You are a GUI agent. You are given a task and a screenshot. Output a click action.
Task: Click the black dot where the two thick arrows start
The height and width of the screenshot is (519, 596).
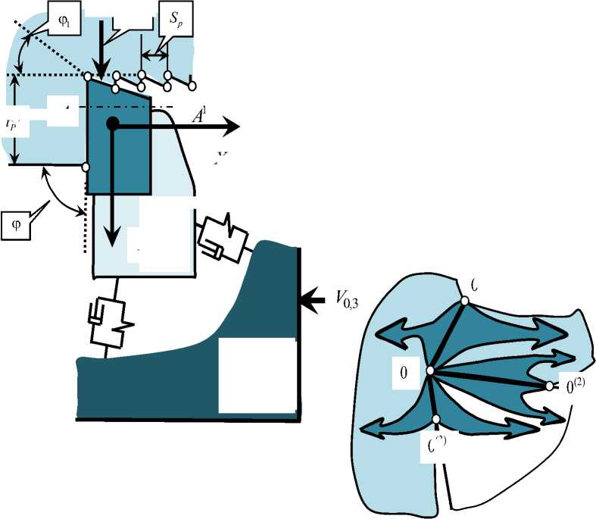pos(112,124)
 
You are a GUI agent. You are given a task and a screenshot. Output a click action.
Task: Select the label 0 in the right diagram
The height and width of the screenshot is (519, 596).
pos(404,373)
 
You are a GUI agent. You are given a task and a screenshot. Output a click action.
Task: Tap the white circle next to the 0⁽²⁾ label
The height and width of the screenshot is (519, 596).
pos(549,386)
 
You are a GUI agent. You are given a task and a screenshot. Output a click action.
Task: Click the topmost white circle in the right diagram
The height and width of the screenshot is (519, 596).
pos(464,300)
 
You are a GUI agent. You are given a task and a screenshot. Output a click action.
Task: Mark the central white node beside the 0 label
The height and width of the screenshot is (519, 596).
pos(429,371)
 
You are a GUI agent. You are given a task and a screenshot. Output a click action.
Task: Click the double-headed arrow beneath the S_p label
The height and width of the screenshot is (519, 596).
pos(155,55)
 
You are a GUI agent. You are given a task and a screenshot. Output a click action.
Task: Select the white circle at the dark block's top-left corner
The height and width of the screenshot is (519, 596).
pos(89,76)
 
